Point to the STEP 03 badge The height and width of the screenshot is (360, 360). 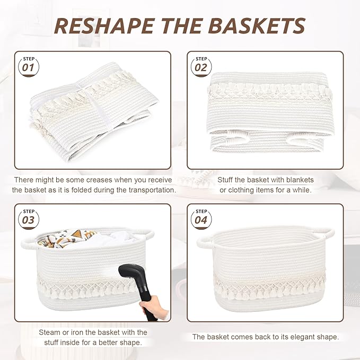[28, 217]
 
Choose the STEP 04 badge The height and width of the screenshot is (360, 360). [201, 217]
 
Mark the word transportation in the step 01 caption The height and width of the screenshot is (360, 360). [152, 190]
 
